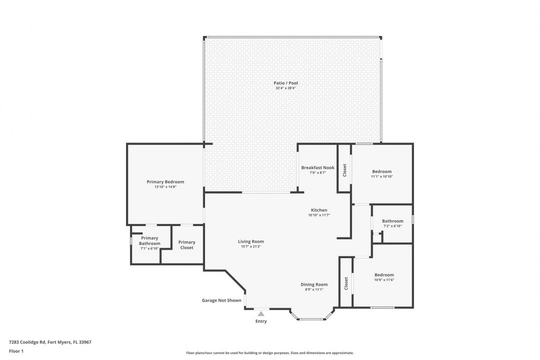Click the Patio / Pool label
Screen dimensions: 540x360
click(x=285, y=83)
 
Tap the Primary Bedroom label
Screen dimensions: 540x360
click(x=165, y=182)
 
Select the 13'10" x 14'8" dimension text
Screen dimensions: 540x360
click(x=165, y=187)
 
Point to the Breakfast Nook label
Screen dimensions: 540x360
click(x=317, y=168)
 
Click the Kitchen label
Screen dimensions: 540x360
click(x=319, y=210)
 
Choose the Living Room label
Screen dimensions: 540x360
click(x=250, y=241)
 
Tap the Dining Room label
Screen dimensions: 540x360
click(x=314, y=284)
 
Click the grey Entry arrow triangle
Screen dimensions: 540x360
click(x=261, y=313)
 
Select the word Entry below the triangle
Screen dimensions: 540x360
click(x=261, y=321)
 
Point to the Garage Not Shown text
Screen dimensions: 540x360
click(x=221, y=300)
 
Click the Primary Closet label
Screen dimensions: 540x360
click(x=186, y=245)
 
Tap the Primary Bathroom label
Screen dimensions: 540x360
click(x=149, y=241)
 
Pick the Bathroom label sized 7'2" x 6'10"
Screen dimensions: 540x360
click(x=392, y=221)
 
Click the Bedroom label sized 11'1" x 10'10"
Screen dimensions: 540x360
click(x=381, y=171)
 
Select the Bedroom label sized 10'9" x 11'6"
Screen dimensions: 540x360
click(x=384, y=275)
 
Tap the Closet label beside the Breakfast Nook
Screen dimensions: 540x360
click(x=344, y=170)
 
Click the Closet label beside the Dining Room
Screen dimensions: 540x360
click(x=346, y=283)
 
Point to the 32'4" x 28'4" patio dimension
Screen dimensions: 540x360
click(x=285, y=88)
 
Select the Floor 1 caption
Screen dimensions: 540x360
click(x=16, y=351)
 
